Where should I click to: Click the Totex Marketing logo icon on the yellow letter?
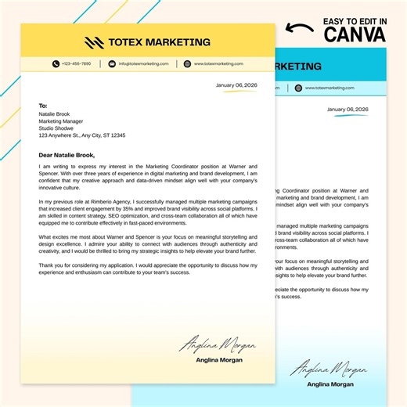(x=94, y=42)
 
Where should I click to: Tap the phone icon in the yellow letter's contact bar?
(x=56, y=63)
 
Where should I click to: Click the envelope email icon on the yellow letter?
(x=112, y=63)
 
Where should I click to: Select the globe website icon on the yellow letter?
(x=187, y=63)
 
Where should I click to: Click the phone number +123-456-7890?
(x=76, y=63)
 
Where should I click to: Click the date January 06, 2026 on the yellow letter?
(x=236, y=85)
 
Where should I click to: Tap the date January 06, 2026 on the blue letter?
(x=348, y=109)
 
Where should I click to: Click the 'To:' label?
(x=43, y=105)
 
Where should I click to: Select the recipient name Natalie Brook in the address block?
(x=55, y=114)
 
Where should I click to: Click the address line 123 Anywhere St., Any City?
(x=81, y=135)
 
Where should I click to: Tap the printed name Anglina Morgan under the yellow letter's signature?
(x=220, y=360)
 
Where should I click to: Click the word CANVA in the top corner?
(x=355, y=34)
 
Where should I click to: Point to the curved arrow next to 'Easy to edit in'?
(x=300, y=29)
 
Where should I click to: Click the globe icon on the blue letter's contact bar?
(x=297, y=88)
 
